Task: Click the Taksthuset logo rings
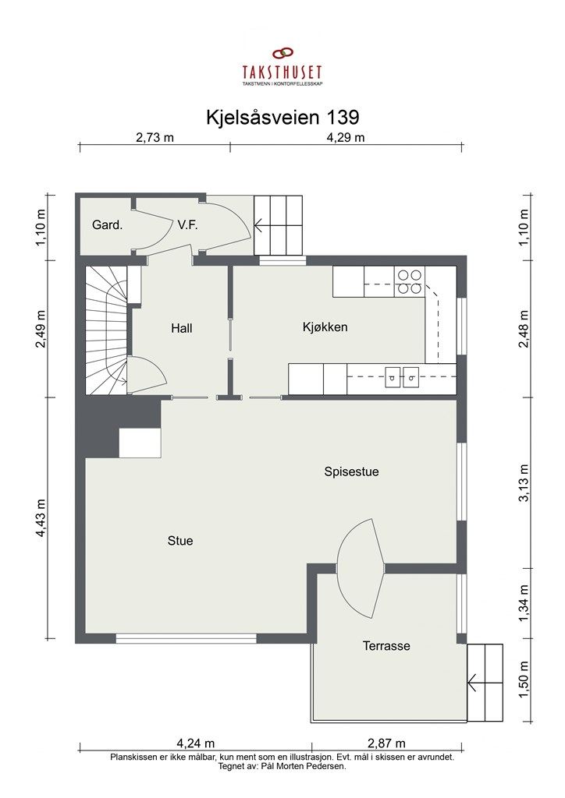click(282, 54)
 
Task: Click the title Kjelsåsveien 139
click(282, 117)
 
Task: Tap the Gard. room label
click(107, 225)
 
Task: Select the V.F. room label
click(187, 225)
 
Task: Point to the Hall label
click(181, 328)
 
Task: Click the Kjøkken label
click(325, 327)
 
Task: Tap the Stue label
click(179, 540)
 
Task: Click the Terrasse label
click(386, 645)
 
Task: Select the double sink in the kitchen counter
click(400, 378)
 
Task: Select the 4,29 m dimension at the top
click(345, 138)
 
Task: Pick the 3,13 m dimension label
click(524, 483)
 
